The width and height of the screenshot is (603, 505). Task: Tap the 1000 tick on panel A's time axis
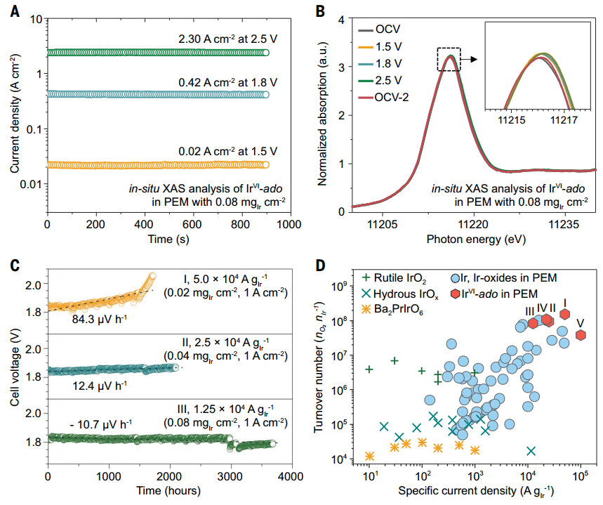[289, 223]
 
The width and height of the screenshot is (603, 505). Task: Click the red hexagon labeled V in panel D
[581, 335]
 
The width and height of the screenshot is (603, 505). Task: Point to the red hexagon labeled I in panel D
[565, 313]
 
